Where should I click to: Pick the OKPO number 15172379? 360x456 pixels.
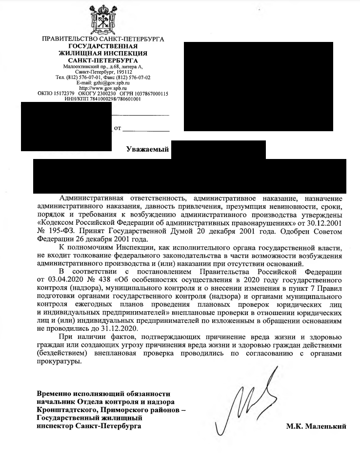(60, 94)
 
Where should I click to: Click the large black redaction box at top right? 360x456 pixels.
(258, 87)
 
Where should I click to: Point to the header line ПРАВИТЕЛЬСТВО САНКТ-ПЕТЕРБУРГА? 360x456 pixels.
(103, 39)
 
